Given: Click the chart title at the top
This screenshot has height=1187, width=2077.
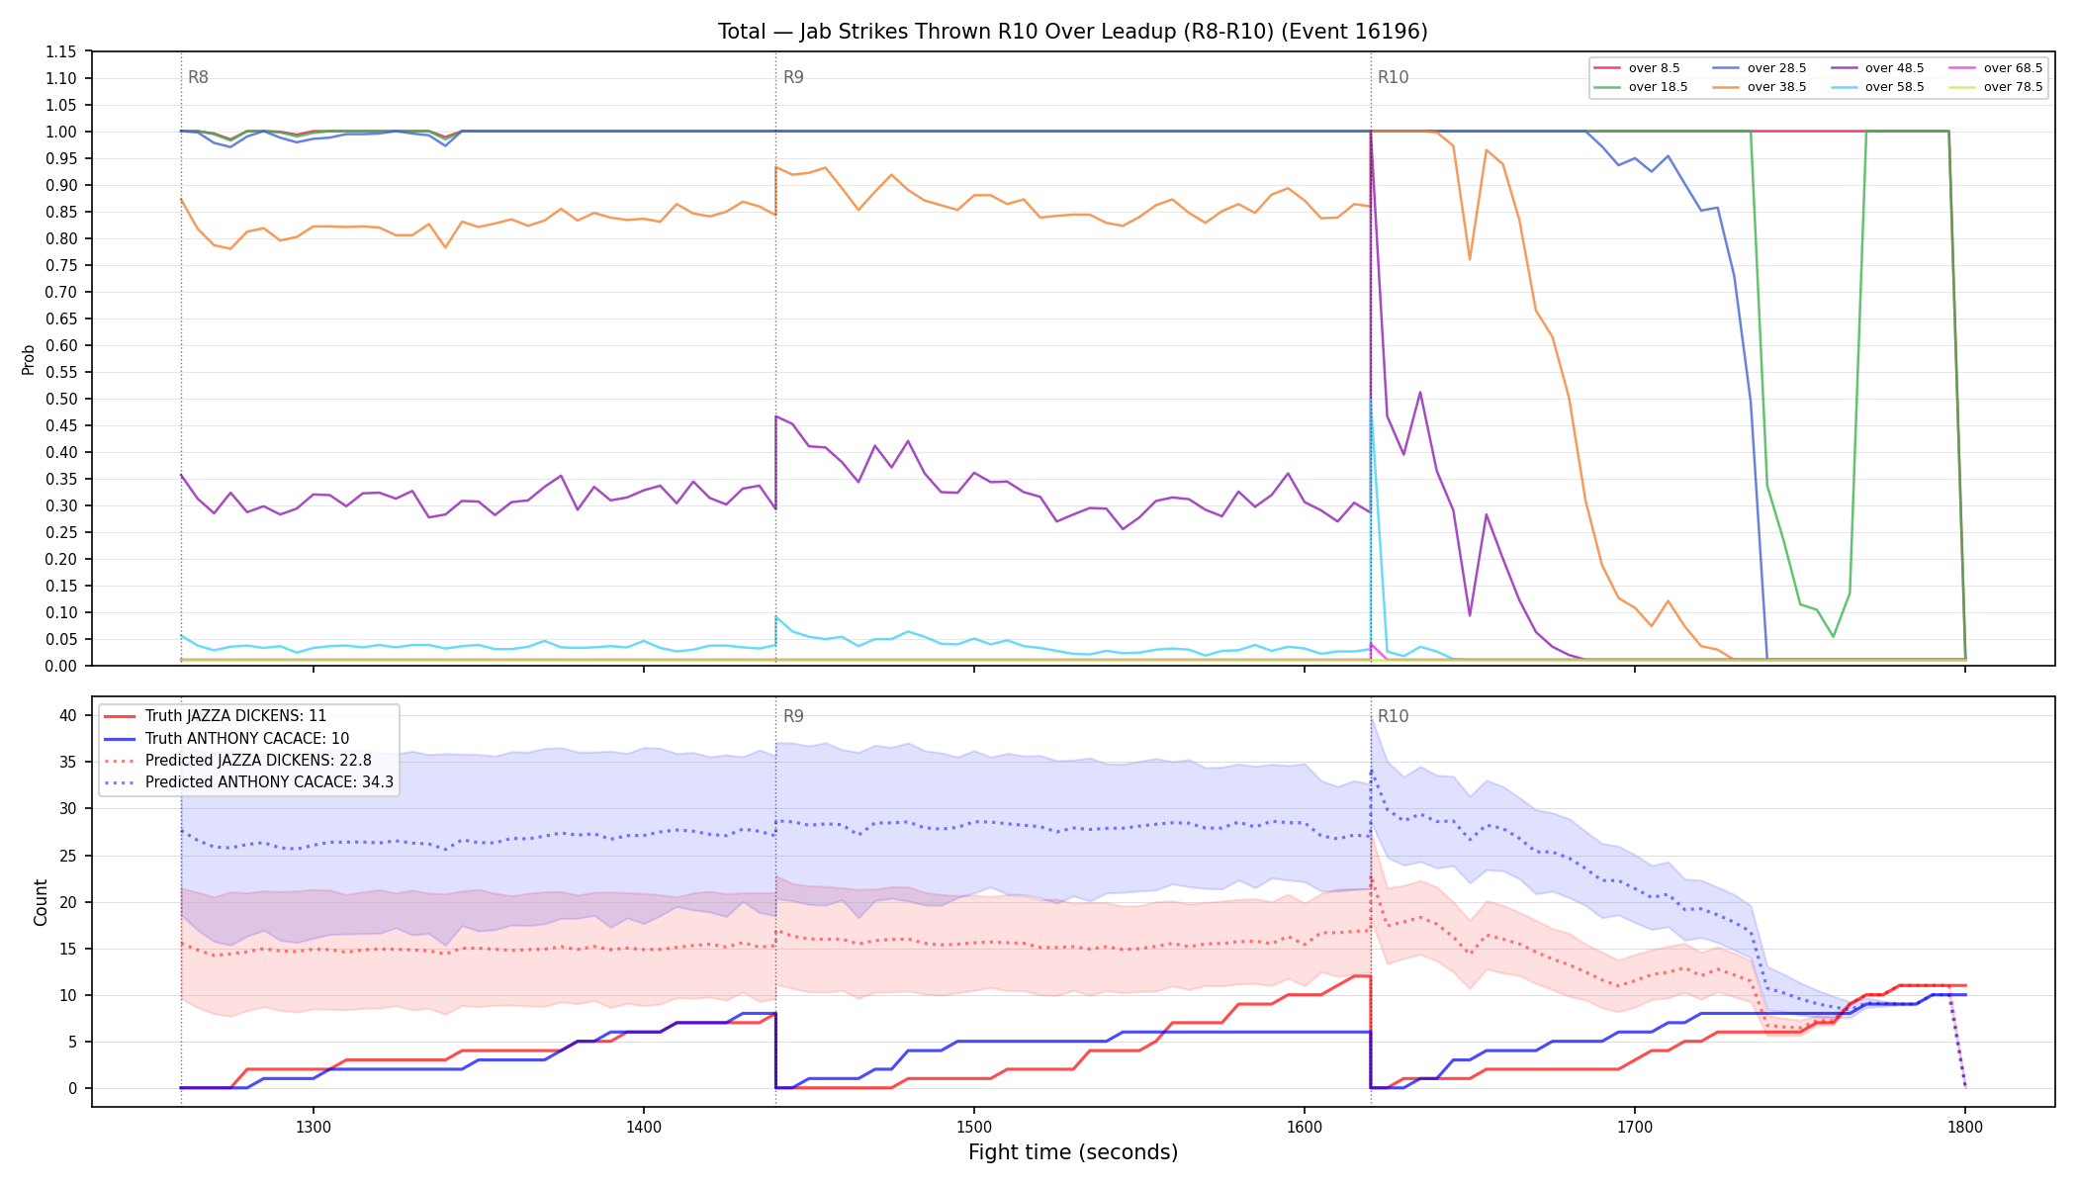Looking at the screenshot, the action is coord(1073,32).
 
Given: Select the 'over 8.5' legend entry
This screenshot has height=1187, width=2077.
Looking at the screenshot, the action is coord(1637,68).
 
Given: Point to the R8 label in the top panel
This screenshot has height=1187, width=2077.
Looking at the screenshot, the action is coord(198,77).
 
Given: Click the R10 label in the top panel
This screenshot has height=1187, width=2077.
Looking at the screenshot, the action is coord(1393,77).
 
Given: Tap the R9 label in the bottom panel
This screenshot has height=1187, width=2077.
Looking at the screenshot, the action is coord(793,716).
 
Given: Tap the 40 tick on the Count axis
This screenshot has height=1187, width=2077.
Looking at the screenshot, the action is coord(67,715).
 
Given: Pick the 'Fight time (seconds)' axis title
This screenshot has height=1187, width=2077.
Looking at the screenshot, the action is coord(1073,1152).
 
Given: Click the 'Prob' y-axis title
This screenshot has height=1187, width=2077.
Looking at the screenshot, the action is coord(28,359).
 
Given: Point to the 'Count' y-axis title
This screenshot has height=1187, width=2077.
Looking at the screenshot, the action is coord(41,902).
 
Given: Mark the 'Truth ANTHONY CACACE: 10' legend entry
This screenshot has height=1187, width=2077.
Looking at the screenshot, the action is coord(247,739).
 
